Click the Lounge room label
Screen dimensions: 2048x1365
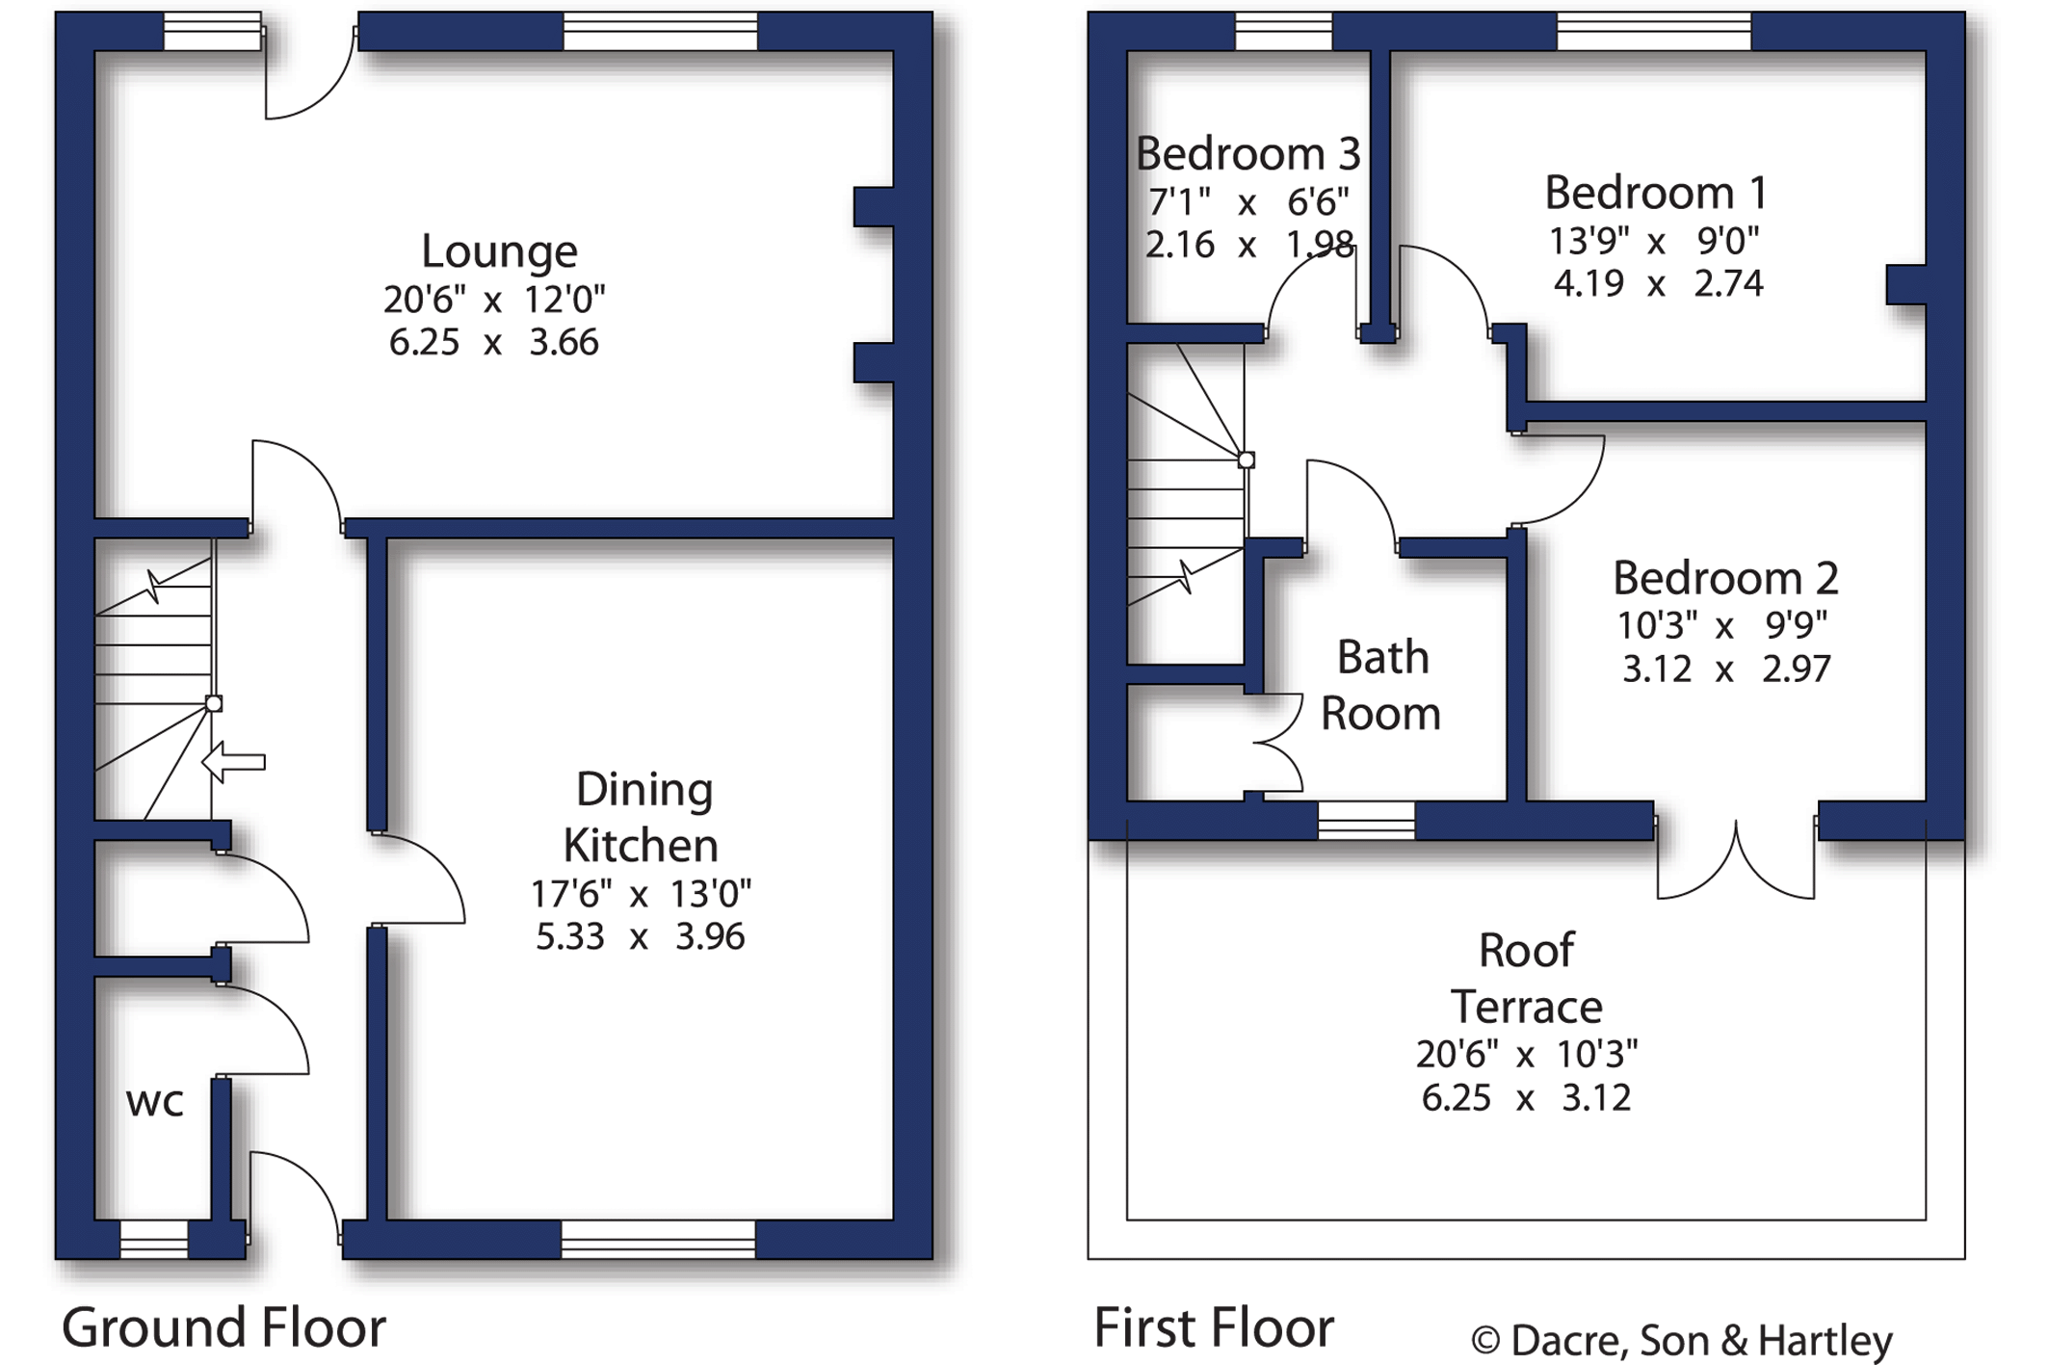tap(499, 251)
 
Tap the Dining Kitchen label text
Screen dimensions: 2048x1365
tap(642, 818)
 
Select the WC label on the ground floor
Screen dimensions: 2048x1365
tap(154, 1103)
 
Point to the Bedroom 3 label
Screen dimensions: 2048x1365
tap(1247, 153)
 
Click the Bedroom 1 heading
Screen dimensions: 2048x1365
tap(1656, 193)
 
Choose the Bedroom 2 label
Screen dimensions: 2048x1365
tap(1725, 578)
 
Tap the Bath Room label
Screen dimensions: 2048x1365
tap(1381, 685)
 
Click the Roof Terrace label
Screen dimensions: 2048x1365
tap(1527, 979)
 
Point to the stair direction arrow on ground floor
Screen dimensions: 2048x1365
tap(233, 762)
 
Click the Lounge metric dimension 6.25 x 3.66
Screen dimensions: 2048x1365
tap(494, 342)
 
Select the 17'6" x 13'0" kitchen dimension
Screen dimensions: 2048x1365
tap(641, 894)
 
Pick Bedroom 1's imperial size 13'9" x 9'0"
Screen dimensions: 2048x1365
tap(1654, 241)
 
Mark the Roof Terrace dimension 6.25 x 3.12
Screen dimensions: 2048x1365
tap(1527, 1097)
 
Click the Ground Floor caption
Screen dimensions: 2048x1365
tap(224, 1327)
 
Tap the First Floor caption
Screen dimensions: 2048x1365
tap(1214, 1327)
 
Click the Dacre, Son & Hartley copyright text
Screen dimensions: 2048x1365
tap(1682, 1340)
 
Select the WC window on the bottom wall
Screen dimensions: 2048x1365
tap(154, 1239)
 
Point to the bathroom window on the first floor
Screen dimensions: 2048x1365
tap(1367, 821)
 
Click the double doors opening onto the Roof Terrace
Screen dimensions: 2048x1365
tap(1736, 857)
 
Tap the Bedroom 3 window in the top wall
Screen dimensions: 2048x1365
tap(1284, 31)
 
